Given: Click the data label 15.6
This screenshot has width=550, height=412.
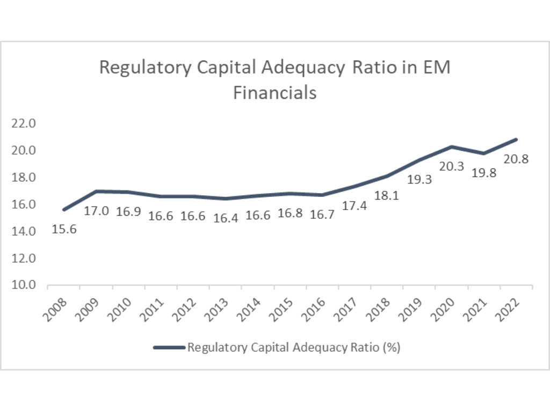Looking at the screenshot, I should [x=64, y=230].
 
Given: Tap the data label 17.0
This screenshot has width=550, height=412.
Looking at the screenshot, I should [x=96, y=211].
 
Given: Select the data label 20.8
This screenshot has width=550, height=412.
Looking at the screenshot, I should [x=516, y=159].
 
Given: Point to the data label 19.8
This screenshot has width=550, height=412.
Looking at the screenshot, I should [x=484, y=173].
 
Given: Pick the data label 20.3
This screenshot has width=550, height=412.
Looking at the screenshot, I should [x=452, y=166].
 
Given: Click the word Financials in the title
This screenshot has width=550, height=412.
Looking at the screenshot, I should [x=274, y=93].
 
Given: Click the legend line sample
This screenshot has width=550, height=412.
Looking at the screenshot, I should [x=169, y=348].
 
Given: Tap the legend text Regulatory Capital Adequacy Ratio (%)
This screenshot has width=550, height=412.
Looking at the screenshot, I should [x=294, y=348].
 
